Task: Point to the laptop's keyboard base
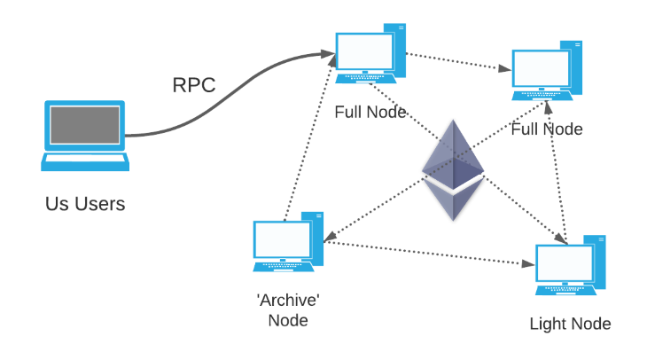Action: (x=85, y=162)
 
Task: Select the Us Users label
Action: (x=85, y=204)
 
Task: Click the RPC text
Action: (x=194, y=86)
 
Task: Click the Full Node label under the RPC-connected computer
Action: (x=370, y=113)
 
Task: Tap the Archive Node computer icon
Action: (x=287, y=243)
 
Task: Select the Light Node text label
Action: (x=570, y=324)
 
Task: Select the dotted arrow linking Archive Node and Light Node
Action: (x=430, y=254)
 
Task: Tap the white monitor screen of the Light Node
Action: (x=565, y=262)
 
